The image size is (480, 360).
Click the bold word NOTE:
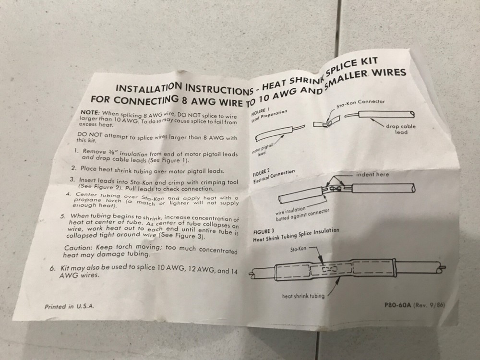pos(90,112)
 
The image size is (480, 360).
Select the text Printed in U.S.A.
pos(69,306)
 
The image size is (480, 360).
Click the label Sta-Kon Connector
pos(360,104)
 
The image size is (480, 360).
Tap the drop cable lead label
pos(401,129)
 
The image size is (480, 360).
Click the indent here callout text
pos(372,174)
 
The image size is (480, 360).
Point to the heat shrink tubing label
pos(303,296)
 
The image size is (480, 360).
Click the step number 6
pos(53,268)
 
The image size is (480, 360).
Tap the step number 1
pos(76,151)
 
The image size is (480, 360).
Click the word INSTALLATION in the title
pos(150,87)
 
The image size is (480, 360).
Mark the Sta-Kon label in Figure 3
pos(298,249)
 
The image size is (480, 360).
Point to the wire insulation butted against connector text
pos(302,214)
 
